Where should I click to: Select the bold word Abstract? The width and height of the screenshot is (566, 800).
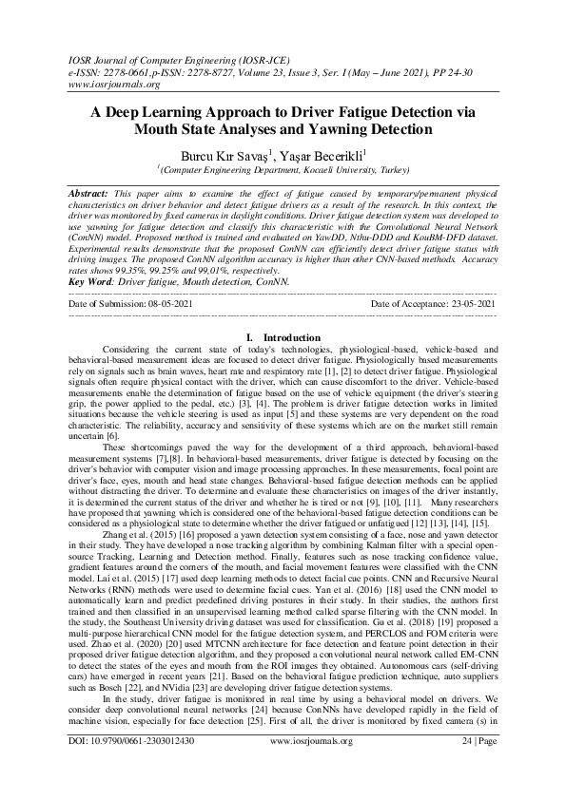coord(93,193)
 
